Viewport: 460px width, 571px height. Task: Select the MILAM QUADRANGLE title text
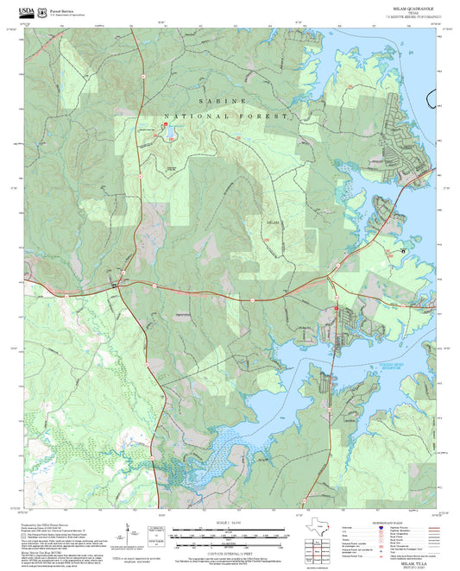tap(410, 6)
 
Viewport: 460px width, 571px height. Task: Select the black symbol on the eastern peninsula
tap(403, 250)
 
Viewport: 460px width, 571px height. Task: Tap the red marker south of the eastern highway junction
tap(336, 308)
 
